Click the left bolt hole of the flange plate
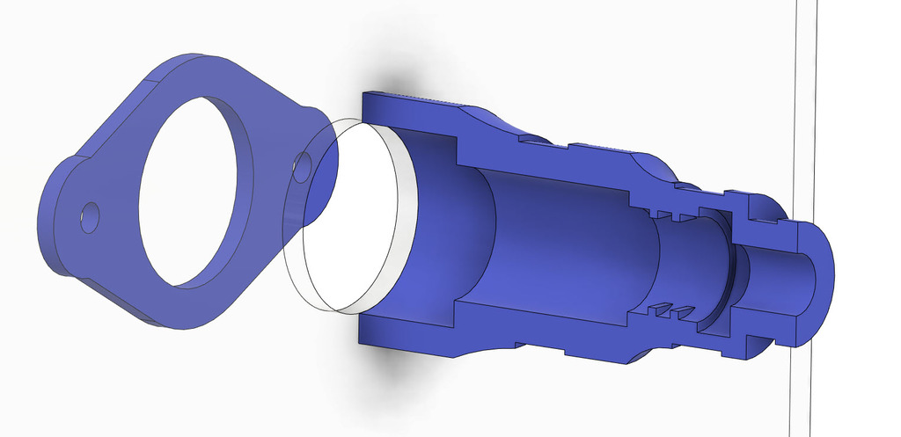pos(90,217)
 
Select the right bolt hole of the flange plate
pos(302,165)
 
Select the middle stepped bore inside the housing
pos(572,242)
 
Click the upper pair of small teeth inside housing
pos(671,214)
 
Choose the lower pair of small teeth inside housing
pos(671,310)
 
